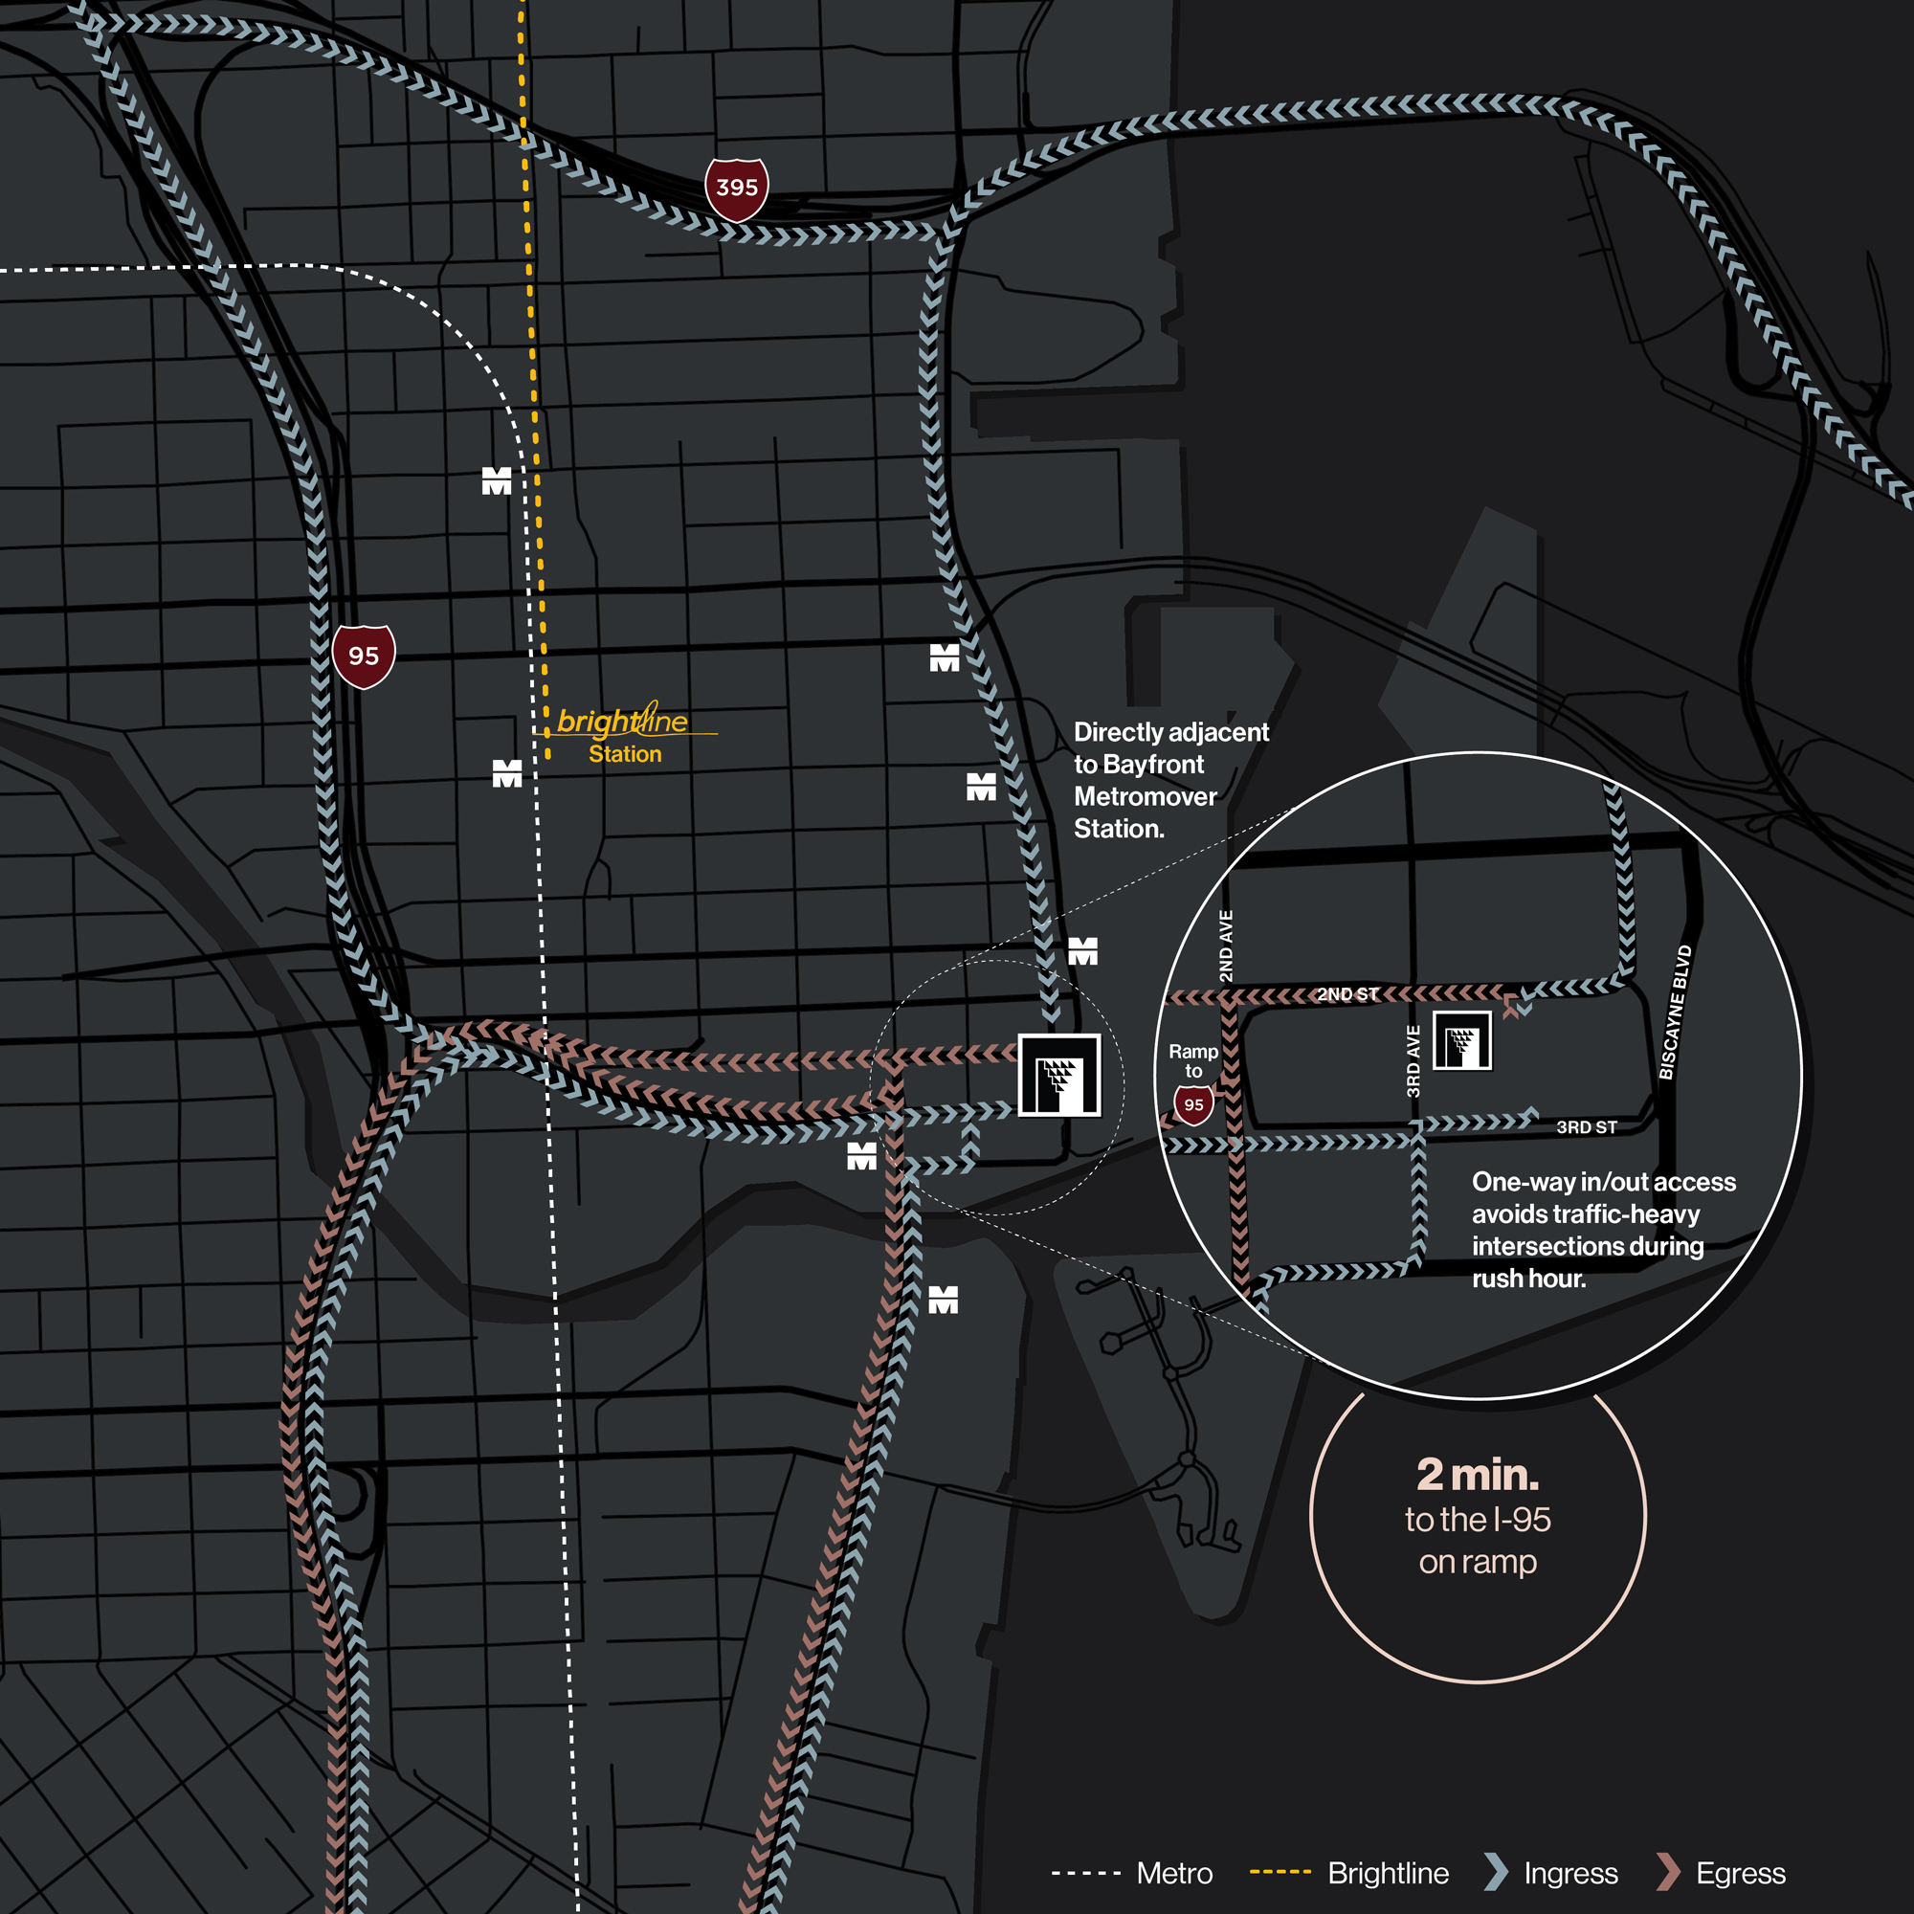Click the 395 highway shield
[x=736, y=188]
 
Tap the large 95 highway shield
[x=364, y=656]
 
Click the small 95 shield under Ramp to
[x=1193, y=1104]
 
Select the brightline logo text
[x=622, y=722]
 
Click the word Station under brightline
[x=625, y=754]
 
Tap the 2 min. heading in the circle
[x=1477, y=1475]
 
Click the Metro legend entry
[x=1174, y=1874]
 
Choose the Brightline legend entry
[x=1387, y=1874]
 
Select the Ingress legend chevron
[x=1496, y=1871]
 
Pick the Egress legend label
[x=1740, y=1874]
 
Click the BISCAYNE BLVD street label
[x=1676, y=1013]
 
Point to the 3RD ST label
[x=1586, y=1127]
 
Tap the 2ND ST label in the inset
[x=1347, y=993]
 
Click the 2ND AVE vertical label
[x=1227, y=946]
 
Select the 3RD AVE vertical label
[x=1413, y=1061]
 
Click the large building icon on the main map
[x=1059, y=1076]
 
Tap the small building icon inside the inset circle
[x=1461, y=1041]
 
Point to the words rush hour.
[x=1527, y=1279]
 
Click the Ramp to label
[x=1192, y=1061]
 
